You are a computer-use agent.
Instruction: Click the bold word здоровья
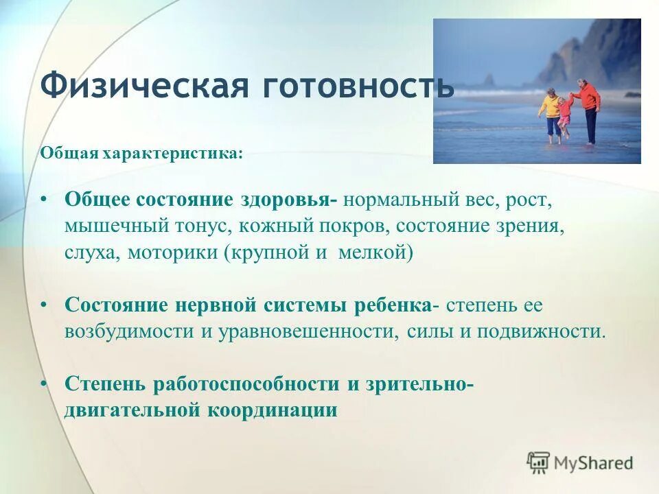288,201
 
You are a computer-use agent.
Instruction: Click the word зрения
530,226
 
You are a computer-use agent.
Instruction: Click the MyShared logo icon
539,463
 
